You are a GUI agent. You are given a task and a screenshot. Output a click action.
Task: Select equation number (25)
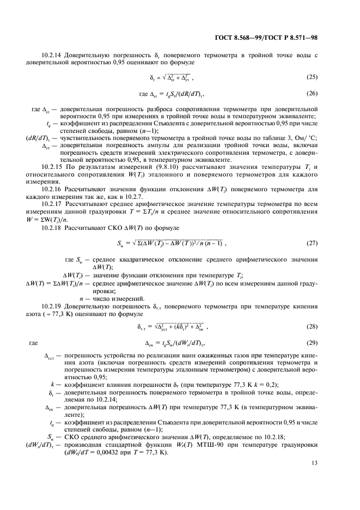pos(312,77)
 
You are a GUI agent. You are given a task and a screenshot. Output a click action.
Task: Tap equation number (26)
pos(312,93)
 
